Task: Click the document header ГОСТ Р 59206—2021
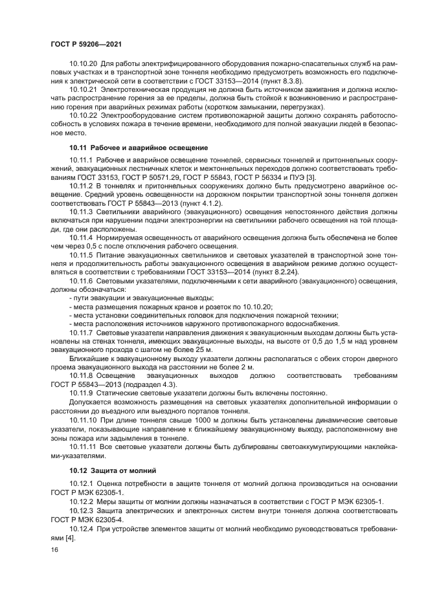point(85,43)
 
